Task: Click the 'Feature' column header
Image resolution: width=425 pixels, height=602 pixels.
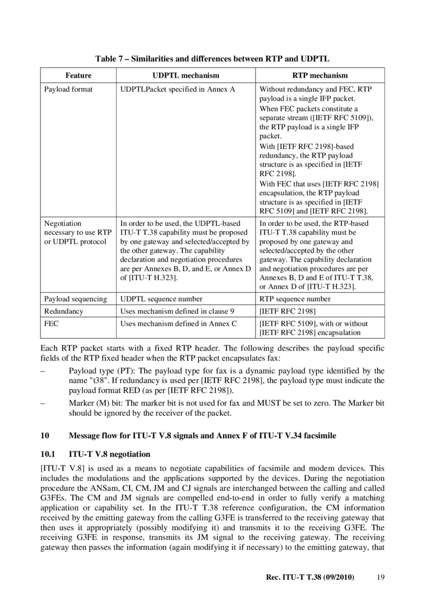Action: [x=79, y=76]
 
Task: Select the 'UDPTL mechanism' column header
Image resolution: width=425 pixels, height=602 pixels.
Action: [x=185, y=76]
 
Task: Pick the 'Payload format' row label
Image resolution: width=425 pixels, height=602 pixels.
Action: [x=68, y=89]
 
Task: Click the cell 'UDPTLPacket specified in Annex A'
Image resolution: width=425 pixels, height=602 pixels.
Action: [x=178, y=89]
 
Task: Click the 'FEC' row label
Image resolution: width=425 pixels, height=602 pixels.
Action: [x=51, y=323]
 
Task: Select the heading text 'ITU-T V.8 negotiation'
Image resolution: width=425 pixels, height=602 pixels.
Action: [x=110, y=454]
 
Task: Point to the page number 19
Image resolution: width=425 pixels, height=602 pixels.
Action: [x=380, y=577]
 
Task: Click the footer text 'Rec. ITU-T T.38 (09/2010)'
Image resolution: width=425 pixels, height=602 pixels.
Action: [x=310, y=577]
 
